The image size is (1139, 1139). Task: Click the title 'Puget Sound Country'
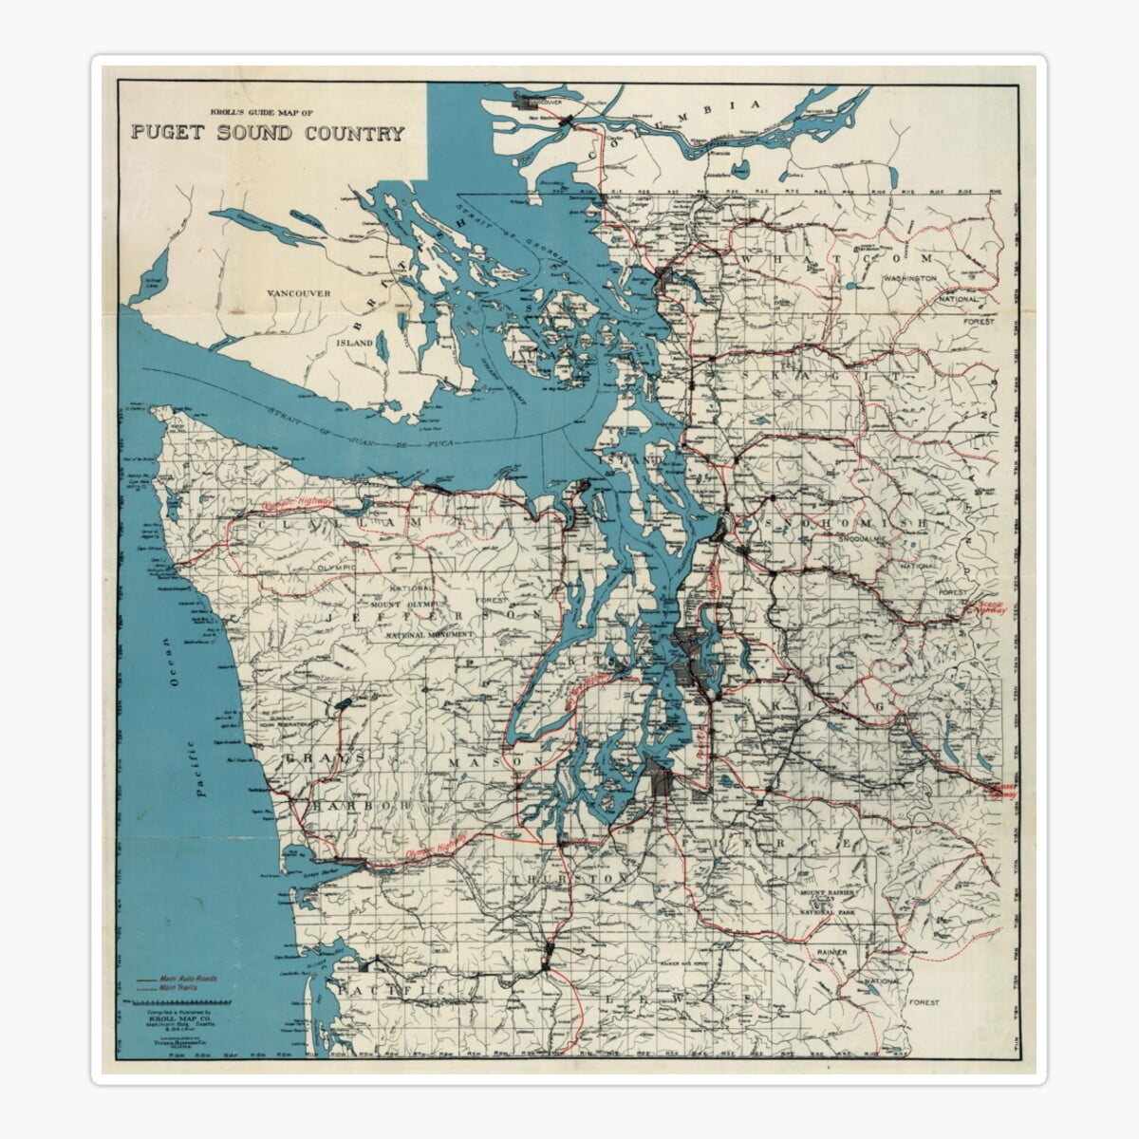[268, 133]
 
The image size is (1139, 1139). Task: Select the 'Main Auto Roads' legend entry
[186, 978]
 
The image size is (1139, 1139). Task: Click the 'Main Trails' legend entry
[179, 988]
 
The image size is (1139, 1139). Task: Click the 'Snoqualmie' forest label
[862, 539]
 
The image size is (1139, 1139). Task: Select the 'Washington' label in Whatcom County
[909, 278]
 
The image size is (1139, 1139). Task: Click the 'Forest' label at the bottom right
[923, 1002]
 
